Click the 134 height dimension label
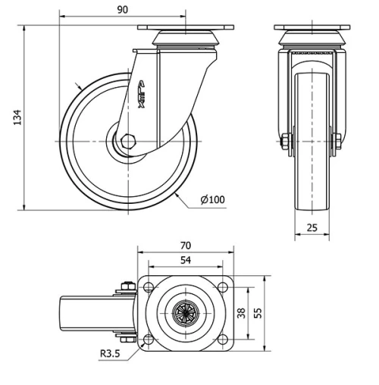(x=17, y=117)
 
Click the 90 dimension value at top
(x=123, y=10)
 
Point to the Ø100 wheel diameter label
(x=213, y=199)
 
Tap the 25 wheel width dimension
(x=312, y=227)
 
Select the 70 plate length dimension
(x=186, y=246)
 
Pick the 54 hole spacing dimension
(x=186, y=260)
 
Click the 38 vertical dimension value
(x=242, y=311)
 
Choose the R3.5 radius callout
(x=111, y=352)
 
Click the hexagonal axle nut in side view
(x=127, y=141)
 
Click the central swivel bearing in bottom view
(x=186, y=311)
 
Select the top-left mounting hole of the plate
(x=148, y=286)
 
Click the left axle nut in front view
(x=287, y=141)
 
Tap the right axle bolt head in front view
(x=336, y=141)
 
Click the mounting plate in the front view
(x=312, y=28)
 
